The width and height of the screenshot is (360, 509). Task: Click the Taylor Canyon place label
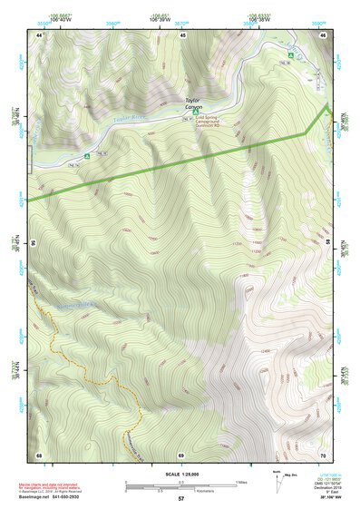[191, 103]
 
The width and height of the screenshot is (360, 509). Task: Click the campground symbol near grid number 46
[291, 56]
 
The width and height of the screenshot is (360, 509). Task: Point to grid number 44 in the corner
[39, 34]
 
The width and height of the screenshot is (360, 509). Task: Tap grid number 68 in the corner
[39, 454]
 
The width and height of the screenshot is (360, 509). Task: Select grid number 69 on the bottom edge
[181, 454]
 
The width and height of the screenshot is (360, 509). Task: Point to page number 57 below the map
[181, 499]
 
